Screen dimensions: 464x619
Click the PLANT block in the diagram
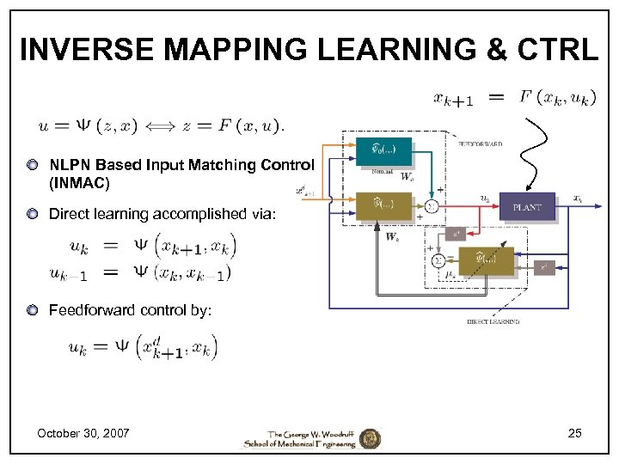[527, 207]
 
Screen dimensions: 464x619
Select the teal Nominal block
[383, 151]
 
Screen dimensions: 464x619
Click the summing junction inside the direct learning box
[439, 259]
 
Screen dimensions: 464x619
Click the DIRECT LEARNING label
[493, 321]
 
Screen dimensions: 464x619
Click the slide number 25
[574, 433]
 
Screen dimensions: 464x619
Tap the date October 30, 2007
[83, 433]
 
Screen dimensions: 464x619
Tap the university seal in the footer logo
[369, 438]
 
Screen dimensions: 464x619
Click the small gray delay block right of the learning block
[543, 268]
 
